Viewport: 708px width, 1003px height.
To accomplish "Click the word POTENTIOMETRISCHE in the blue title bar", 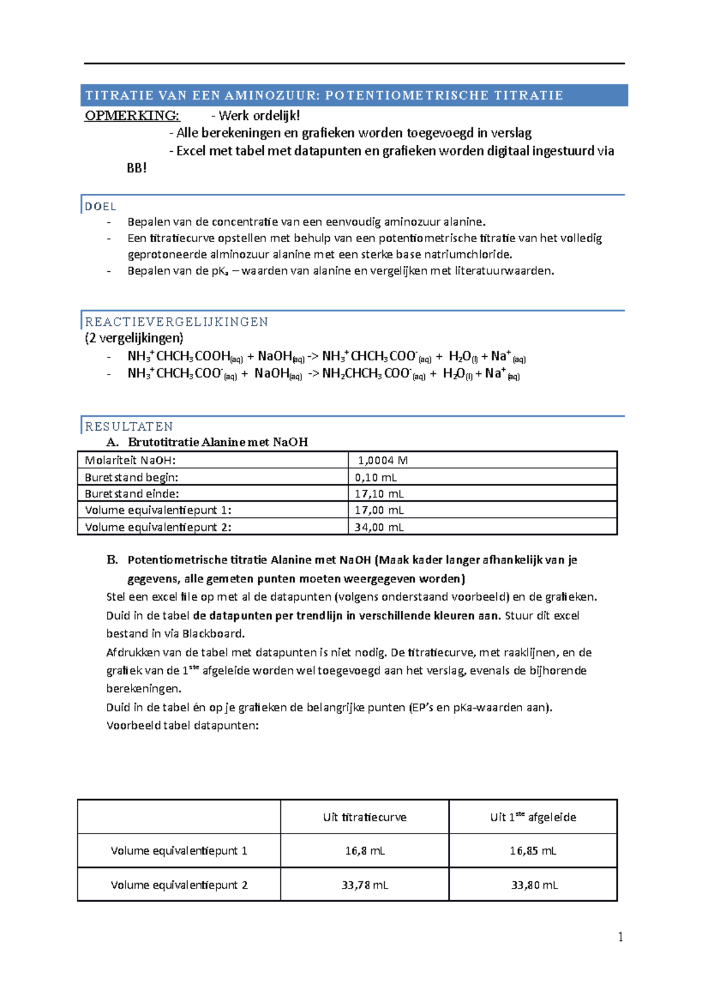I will coord(407,96).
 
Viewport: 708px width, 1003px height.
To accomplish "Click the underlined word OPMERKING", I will coord(132,115).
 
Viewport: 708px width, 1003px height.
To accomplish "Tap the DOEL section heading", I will coord(100,207).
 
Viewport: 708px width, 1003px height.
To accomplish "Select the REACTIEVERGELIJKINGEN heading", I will coord(176,322).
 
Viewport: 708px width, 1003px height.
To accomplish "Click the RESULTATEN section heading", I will coord(129,426).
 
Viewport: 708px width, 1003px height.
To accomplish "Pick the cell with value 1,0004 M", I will coord(383,460).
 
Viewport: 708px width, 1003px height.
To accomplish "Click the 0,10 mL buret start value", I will coord(376,477).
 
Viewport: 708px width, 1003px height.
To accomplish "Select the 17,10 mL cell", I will coord(379,494).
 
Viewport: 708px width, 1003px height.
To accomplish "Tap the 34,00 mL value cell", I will coord(379,527).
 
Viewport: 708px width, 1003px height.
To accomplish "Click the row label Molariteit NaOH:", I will coord(130,460).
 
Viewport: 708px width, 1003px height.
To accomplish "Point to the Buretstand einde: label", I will coord(132,494).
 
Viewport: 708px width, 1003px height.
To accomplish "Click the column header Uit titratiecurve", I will coord(365,817).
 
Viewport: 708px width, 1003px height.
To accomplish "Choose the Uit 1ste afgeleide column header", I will coord(533,817).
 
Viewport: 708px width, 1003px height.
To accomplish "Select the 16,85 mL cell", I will coord(533,851).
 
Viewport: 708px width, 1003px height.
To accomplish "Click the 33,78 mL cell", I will coord(365,885).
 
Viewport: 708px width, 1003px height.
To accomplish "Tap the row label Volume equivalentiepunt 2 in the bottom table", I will coord(179,885).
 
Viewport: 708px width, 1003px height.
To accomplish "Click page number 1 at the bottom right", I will coord(620,937).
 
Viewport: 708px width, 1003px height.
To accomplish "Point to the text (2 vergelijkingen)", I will coord(134,338).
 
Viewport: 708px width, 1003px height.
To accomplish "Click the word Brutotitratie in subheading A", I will coord(163,442).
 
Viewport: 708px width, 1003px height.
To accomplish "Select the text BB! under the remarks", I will coord(136,168).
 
